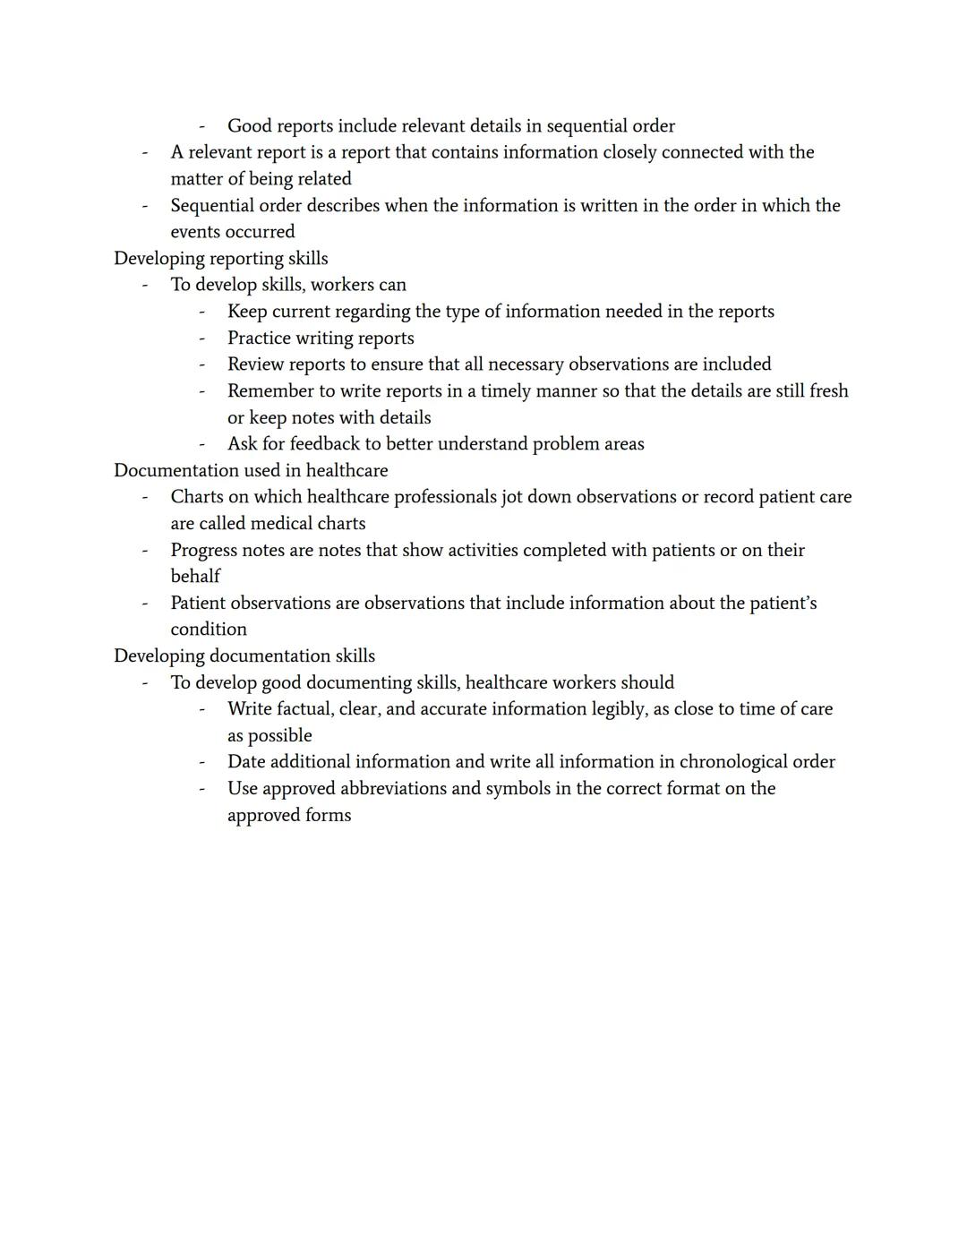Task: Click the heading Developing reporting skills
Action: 220,258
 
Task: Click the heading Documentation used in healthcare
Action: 251,470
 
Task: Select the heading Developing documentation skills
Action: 244,655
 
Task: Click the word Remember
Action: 270,391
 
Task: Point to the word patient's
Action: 783,603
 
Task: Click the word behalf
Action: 195,576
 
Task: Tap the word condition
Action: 208,630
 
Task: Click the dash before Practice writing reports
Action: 201,338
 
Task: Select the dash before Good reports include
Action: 201,126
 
